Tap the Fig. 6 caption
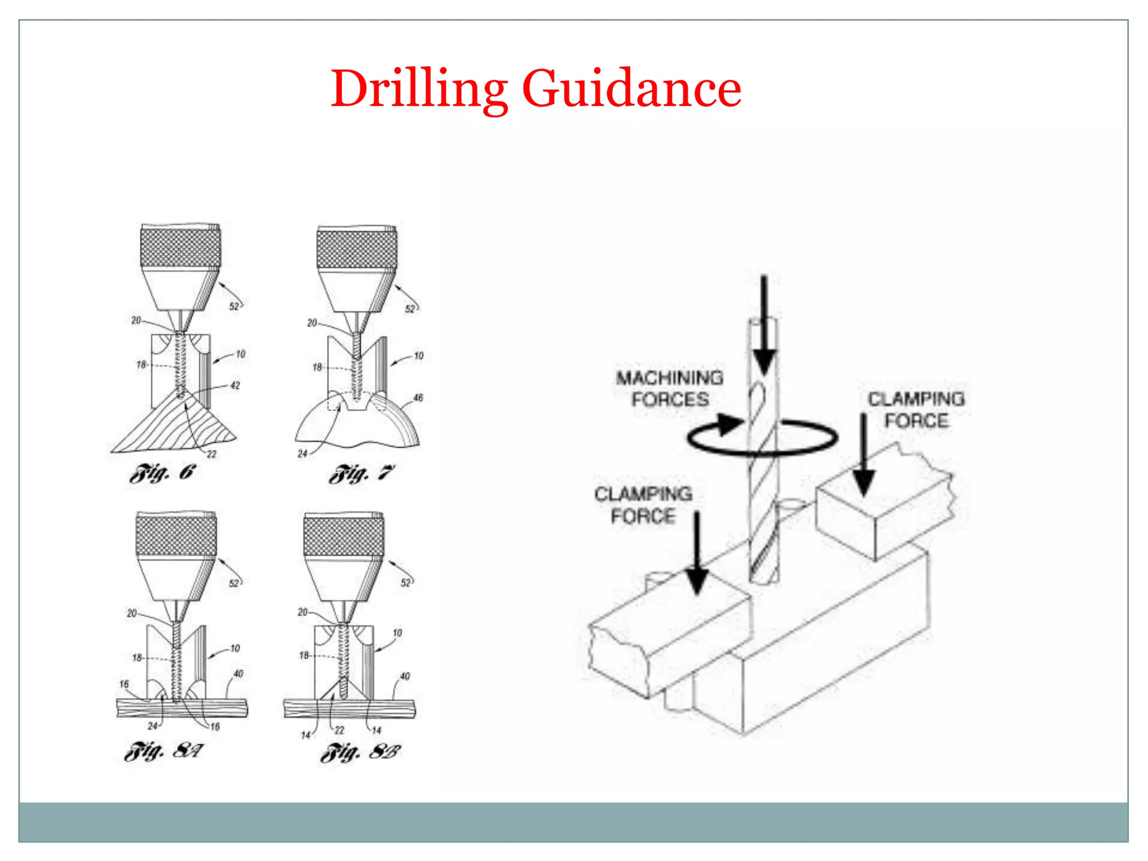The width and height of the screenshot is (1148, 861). (x=163, y=474)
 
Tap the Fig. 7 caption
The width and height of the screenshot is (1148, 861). (x=362, y=474)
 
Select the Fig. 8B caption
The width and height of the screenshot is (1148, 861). (x=360, y=752)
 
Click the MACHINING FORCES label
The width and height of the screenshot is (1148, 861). (x=670, y=388)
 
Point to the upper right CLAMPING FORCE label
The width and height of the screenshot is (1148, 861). (x=916, y=410)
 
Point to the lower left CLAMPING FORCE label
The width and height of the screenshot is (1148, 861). (x=643, y=505)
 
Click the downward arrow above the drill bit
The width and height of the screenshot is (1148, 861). (x=763, y=325)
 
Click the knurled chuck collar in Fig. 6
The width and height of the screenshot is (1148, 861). (x=180, y=247)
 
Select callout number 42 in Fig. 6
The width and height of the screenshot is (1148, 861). (x=235, y=386)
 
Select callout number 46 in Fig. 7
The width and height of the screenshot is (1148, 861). (x=418, y=398)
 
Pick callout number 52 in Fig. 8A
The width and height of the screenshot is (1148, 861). (x=234, y=583)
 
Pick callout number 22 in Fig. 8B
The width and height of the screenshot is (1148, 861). (x=340, y=730)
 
